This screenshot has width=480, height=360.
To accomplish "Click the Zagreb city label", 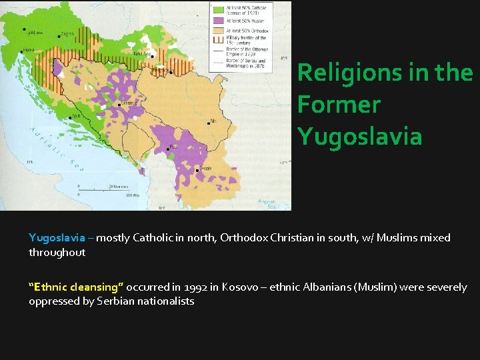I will (x=67, y=33).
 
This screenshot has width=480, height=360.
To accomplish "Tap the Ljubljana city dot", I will (x=25, y=30).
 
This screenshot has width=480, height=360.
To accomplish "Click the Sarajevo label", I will (x=131, y=103).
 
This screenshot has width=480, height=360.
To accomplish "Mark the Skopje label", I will (x=206, y=168).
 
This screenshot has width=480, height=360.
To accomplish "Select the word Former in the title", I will (x=339, y=104).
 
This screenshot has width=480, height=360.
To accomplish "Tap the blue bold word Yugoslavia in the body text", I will (x=57, y=238).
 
